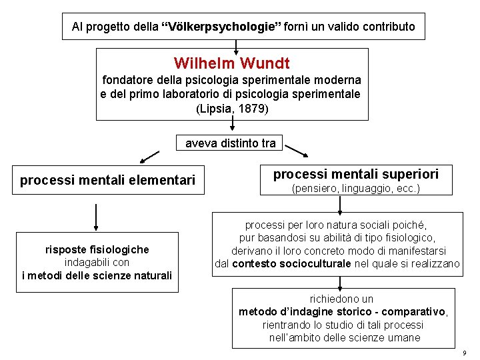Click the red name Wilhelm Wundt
pyautogui.click(x=231, y=64)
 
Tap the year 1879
pyautogui.click(x=253, y=108)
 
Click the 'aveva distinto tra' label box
pyautogui.click(x=230, y=143)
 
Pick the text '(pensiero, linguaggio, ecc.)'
pyautogui.click(x=356, y=189)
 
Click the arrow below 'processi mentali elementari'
pyautogui.click(x=97, y=217)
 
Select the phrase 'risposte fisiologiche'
pyautogui.click(x=97, y=250)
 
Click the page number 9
pyautogui.click(x=465, y=352)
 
